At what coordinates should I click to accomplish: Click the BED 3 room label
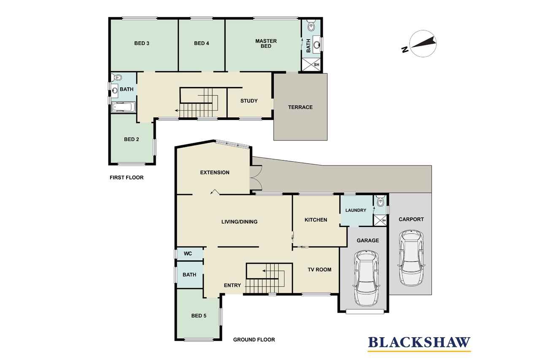click(x=142, y=43)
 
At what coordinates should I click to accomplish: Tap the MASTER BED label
click(x=266, y=43)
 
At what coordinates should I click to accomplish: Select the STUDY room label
click(x=249, y=101)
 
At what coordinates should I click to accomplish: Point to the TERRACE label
click(x=300, y=107)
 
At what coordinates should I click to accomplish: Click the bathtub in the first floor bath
click(x=124, y=107)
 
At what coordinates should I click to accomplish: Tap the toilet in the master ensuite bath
click(x=311, y=26)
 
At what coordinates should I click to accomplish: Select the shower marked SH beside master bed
click(x=311, y=65)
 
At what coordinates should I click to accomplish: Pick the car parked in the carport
click(x=411, y=258)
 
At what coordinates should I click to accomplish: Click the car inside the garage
click(x=366, y=278)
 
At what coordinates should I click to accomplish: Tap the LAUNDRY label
click(x=356, y=210)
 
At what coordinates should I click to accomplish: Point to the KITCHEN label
click(x=316, y=220)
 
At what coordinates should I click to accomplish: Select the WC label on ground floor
click(x=188, y=254)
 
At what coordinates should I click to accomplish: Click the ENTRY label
click(x=232, y=285)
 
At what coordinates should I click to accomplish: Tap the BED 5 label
click(x=199, y=316)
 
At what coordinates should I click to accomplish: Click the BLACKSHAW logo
click(x=419, y=344)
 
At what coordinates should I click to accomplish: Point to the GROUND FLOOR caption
click(x=254, y=340)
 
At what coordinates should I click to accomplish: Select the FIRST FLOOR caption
click(x=127, y=178)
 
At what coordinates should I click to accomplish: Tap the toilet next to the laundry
click(x=381, y=202)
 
